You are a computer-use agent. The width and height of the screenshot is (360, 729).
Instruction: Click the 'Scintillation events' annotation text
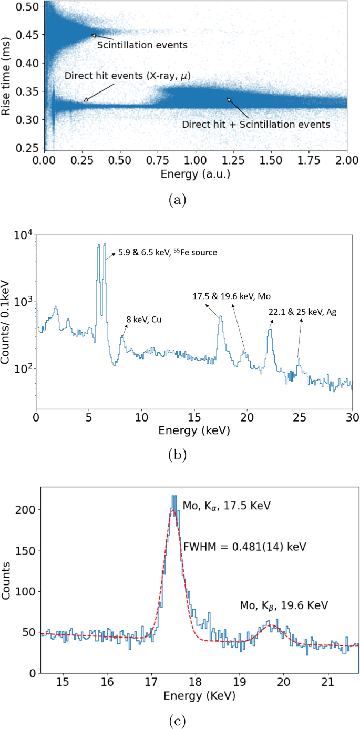coord(142,45)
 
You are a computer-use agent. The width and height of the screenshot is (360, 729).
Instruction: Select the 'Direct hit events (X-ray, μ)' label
coord(127,76)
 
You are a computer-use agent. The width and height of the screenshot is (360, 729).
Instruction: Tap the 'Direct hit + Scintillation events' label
coord(255,125)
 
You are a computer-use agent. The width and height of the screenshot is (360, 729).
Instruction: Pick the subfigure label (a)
coord(180,200)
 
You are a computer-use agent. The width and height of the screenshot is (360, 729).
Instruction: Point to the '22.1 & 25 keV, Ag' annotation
coord(302,312)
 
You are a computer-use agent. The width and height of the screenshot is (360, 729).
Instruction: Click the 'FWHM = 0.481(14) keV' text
coord(244,547)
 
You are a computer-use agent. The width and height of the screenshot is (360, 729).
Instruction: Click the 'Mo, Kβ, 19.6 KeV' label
coord(284,605)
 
